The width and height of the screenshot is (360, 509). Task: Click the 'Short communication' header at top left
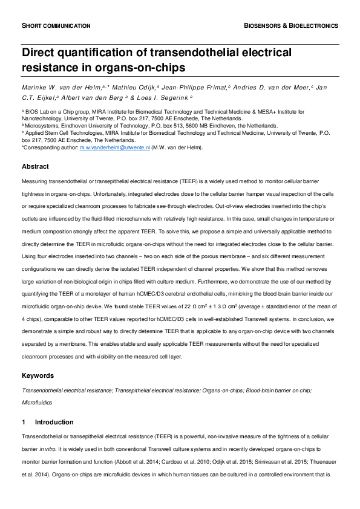pos(56,26)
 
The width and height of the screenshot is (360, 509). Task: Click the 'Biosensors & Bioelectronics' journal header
pos(290,26)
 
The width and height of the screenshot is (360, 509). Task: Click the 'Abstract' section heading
pos(36,166)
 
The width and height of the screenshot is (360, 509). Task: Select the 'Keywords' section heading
pos(38,376)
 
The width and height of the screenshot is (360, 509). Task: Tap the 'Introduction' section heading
pos(54,422)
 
